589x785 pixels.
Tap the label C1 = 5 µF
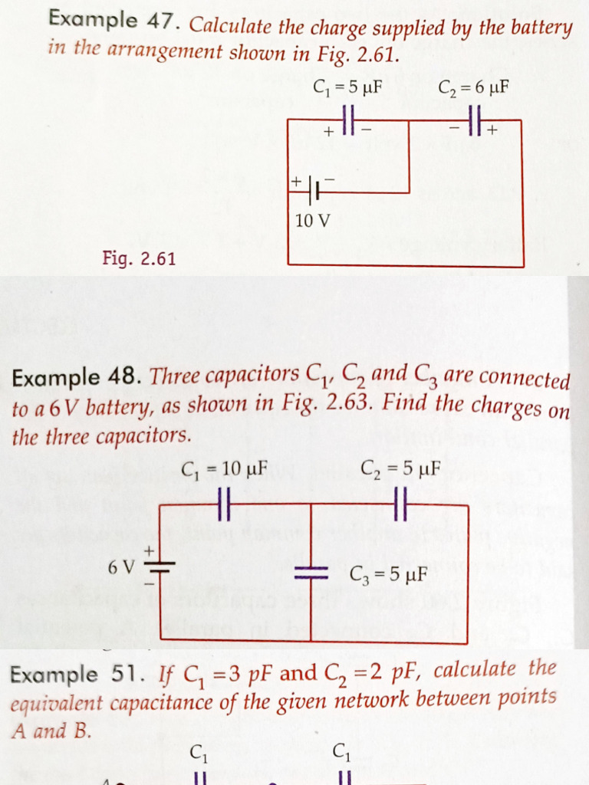point(348,87)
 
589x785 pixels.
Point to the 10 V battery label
point(312,221)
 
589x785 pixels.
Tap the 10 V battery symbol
point(313,186)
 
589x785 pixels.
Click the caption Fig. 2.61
point(139,258)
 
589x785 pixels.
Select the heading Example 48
point(77,377)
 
